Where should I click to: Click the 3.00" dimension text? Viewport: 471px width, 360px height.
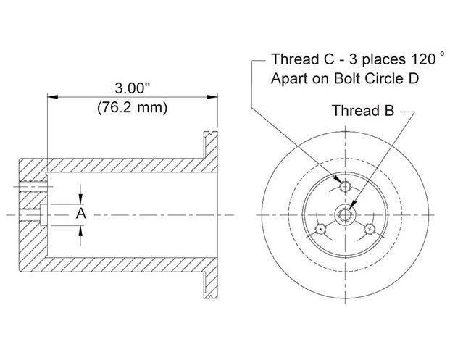[132, 88]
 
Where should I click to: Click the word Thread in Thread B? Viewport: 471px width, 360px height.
[356, 111]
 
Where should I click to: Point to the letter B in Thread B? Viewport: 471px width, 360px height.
[391, 111]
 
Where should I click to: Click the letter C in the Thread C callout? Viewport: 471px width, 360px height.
[317, 59]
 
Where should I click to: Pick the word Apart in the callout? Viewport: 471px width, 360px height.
[288, 78]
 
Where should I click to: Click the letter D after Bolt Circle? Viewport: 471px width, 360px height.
[413, 78]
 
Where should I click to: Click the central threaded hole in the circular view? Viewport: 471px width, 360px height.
[344, 214]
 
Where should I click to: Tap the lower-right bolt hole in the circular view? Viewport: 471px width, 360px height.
[370, 230]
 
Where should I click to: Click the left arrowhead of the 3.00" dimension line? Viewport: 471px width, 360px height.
[51, 96]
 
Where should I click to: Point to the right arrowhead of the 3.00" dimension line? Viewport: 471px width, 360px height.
[215, 96]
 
